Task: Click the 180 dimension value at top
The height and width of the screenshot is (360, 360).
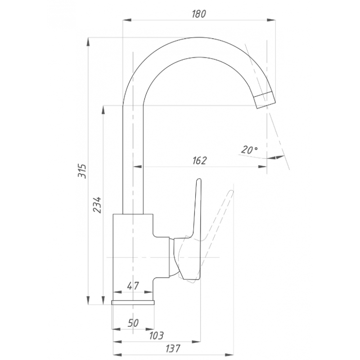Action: pos(199,14)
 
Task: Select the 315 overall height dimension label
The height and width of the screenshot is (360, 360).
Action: pos(82,171)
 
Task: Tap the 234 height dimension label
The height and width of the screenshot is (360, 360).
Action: pos(97,205)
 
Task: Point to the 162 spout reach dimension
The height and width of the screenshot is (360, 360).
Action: pos(199,161)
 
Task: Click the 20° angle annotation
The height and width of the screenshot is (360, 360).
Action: pos(249,150)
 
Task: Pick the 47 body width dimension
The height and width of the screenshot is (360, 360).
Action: pos(133,286)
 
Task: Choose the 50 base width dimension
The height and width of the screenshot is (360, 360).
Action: pos(133,323)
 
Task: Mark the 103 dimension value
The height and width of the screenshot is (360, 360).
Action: pos(156,336)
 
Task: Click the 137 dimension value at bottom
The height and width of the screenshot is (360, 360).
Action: pos(173,348)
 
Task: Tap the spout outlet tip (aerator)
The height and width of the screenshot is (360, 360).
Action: pos(264,100)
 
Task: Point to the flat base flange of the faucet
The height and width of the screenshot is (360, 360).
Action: pos(133,302)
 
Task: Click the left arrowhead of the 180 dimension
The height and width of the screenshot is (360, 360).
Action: pos(127,20)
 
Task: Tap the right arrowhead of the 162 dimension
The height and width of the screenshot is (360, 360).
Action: pos(262,166)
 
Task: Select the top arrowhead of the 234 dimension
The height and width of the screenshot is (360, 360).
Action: pos(103,110)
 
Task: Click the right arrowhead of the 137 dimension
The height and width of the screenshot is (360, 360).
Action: pos(229,355)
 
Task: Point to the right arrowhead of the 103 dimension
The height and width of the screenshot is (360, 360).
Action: pos(196,342)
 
